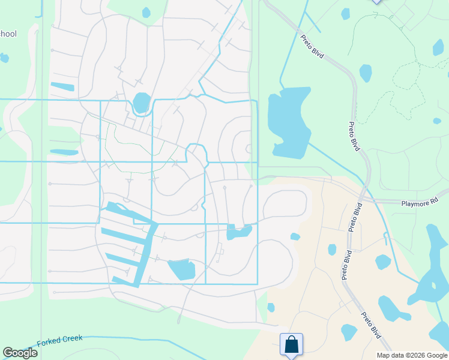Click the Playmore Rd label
pos(424,199)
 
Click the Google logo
pos(20,353)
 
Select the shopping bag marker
pos(291,345)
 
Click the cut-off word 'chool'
pos(8,34)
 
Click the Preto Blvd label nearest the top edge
pos(312,46)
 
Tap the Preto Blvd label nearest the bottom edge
pos(371,324)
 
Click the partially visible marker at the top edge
pos(376,2)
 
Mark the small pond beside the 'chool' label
pos(4,58)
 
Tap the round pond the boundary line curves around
pos(142,102)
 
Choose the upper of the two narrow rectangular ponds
pos(62,86)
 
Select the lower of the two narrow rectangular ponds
pos(64,152)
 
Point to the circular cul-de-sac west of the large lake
pos(249,149)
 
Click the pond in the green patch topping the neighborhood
pos(146,12)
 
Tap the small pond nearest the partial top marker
pos(345,13)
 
